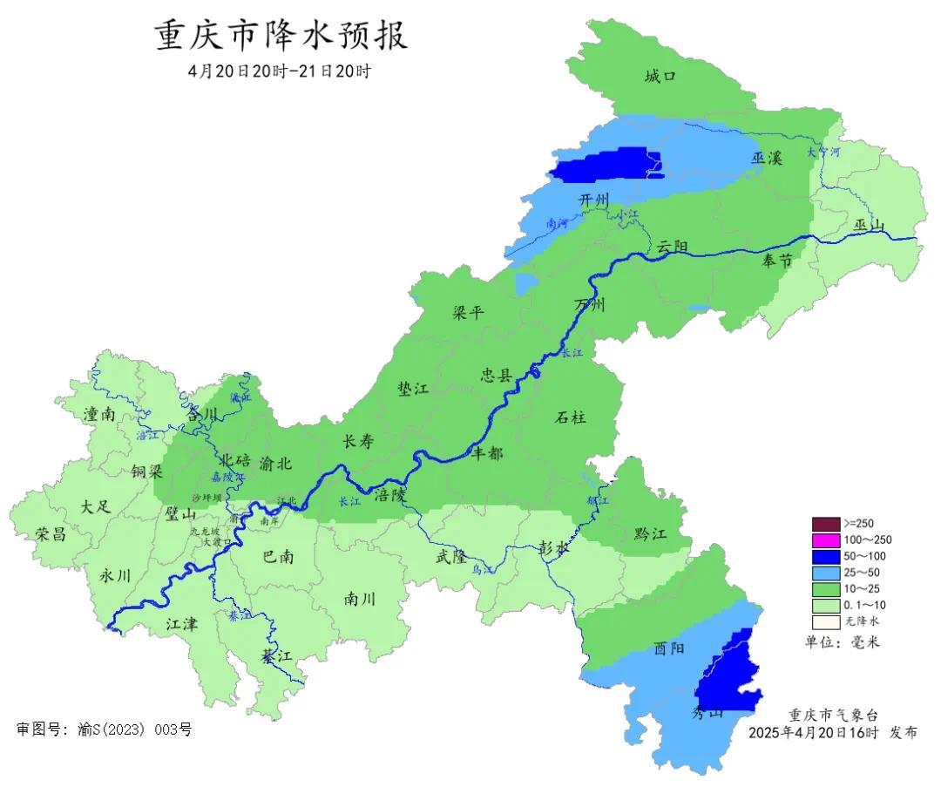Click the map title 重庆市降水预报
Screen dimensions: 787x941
coord(281,37)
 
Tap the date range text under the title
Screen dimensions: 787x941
coord(279,71)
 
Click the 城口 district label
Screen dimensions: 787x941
coord(660,77)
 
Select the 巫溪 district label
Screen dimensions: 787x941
coord(767,158)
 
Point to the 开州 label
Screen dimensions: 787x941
coord(595,200)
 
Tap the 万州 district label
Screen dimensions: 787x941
coord(589,305)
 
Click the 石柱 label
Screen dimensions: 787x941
coord(571,417)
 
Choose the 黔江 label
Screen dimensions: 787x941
coord(650,533)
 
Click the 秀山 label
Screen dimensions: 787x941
coord(707,713)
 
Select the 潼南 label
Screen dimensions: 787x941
coord(99,415)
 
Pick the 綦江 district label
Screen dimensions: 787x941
coord(276,657)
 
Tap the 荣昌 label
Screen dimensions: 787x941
coord(51,534)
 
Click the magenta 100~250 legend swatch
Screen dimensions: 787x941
coord(825,540)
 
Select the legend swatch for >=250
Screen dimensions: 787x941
coord(825,524)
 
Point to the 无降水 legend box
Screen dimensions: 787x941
coord(825,621)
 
